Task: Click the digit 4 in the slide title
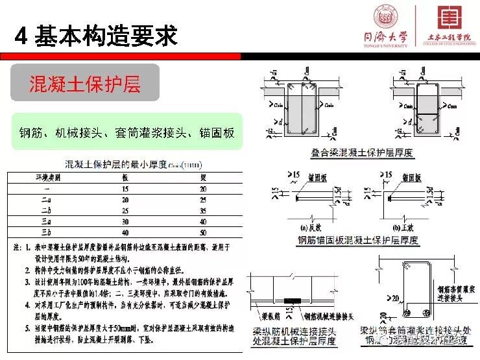click(x=20, y=36)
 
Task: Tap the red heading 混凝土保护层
click(x=85, y=83)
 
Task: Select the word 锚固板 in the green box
click(x=217, y=133)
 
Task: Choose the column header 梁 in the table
click(x=203, y=176)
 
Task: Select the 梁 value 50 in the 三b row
click(x=203, y=232)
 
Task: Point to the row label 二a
click(x=46, y=199)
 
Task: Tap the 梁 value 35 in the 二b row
click(x=203, y=210)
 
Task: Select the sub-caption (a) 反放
click(x=312, y=227)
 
